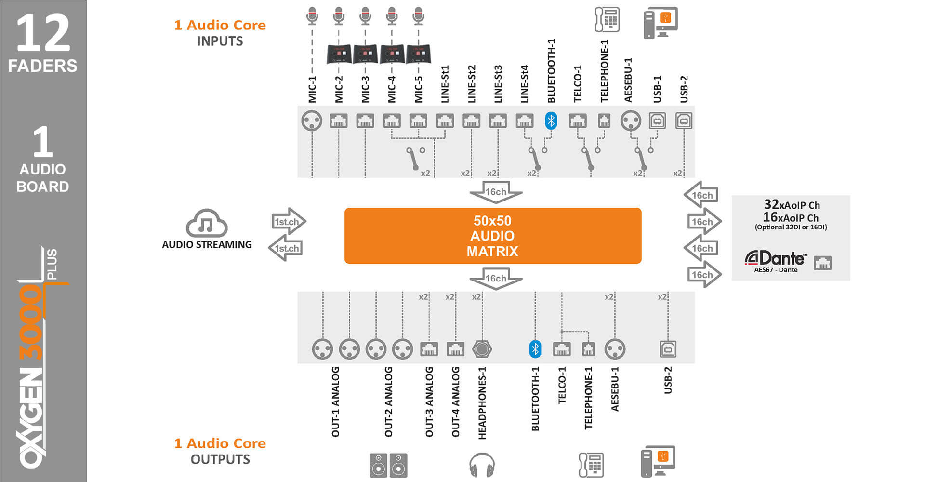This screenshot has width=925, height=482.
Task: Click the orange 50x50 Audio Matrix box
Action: coord(492,236)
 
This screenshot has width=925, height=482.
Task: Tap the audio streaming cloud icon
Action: coord(206,223)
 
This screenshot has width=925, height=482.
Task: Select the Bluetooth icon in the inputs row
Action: coord(551,120)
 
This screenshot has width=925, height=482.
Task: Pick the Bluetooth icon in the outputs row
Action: coord(535,349)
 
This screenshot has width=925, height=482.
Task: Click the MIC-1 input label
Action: coord(312,89)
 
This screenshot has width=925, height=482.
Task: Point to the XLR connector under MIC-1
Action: coord(312,120)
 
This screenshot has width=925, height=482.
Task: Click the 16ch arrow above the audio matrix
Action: coord(496,192)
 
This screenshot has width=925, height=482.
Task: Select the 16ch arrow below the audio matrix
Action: coord(496,279)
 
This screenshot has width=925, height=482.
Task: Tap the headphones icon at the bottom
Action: coord(482,465)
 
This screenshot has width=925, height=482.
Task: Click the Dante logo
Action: coord(776,259)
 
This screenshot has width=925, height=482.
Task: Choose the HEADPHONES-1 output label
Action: coord(482,403)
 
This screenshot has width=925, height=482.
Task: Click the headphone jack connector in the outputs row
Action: coord(482,349)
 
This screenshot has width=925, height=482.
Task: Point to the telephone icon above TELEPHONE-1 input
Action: coord(607,20)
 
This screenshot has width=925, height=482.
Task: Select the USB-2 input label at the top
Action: coord(684,89)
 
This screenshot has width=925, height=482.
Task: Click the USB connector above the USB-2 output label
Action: coord(668,349)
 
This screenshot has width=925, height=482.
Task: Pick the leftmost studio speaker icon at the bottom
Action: coord(378,465)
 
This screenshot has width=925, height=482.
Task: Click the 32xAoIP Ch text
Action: coord(792,205)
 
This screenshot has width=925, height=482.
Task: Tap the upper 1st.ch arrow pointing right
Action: coord(288,222)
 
